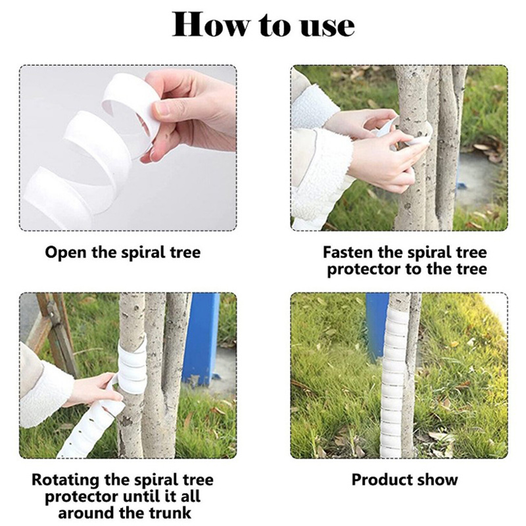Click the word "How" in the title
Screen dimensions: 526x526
[210, 25]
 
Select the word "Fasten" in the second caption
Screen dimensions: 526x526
[348, 252]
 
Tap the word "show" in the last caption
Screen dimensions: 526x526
[435, 480]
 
